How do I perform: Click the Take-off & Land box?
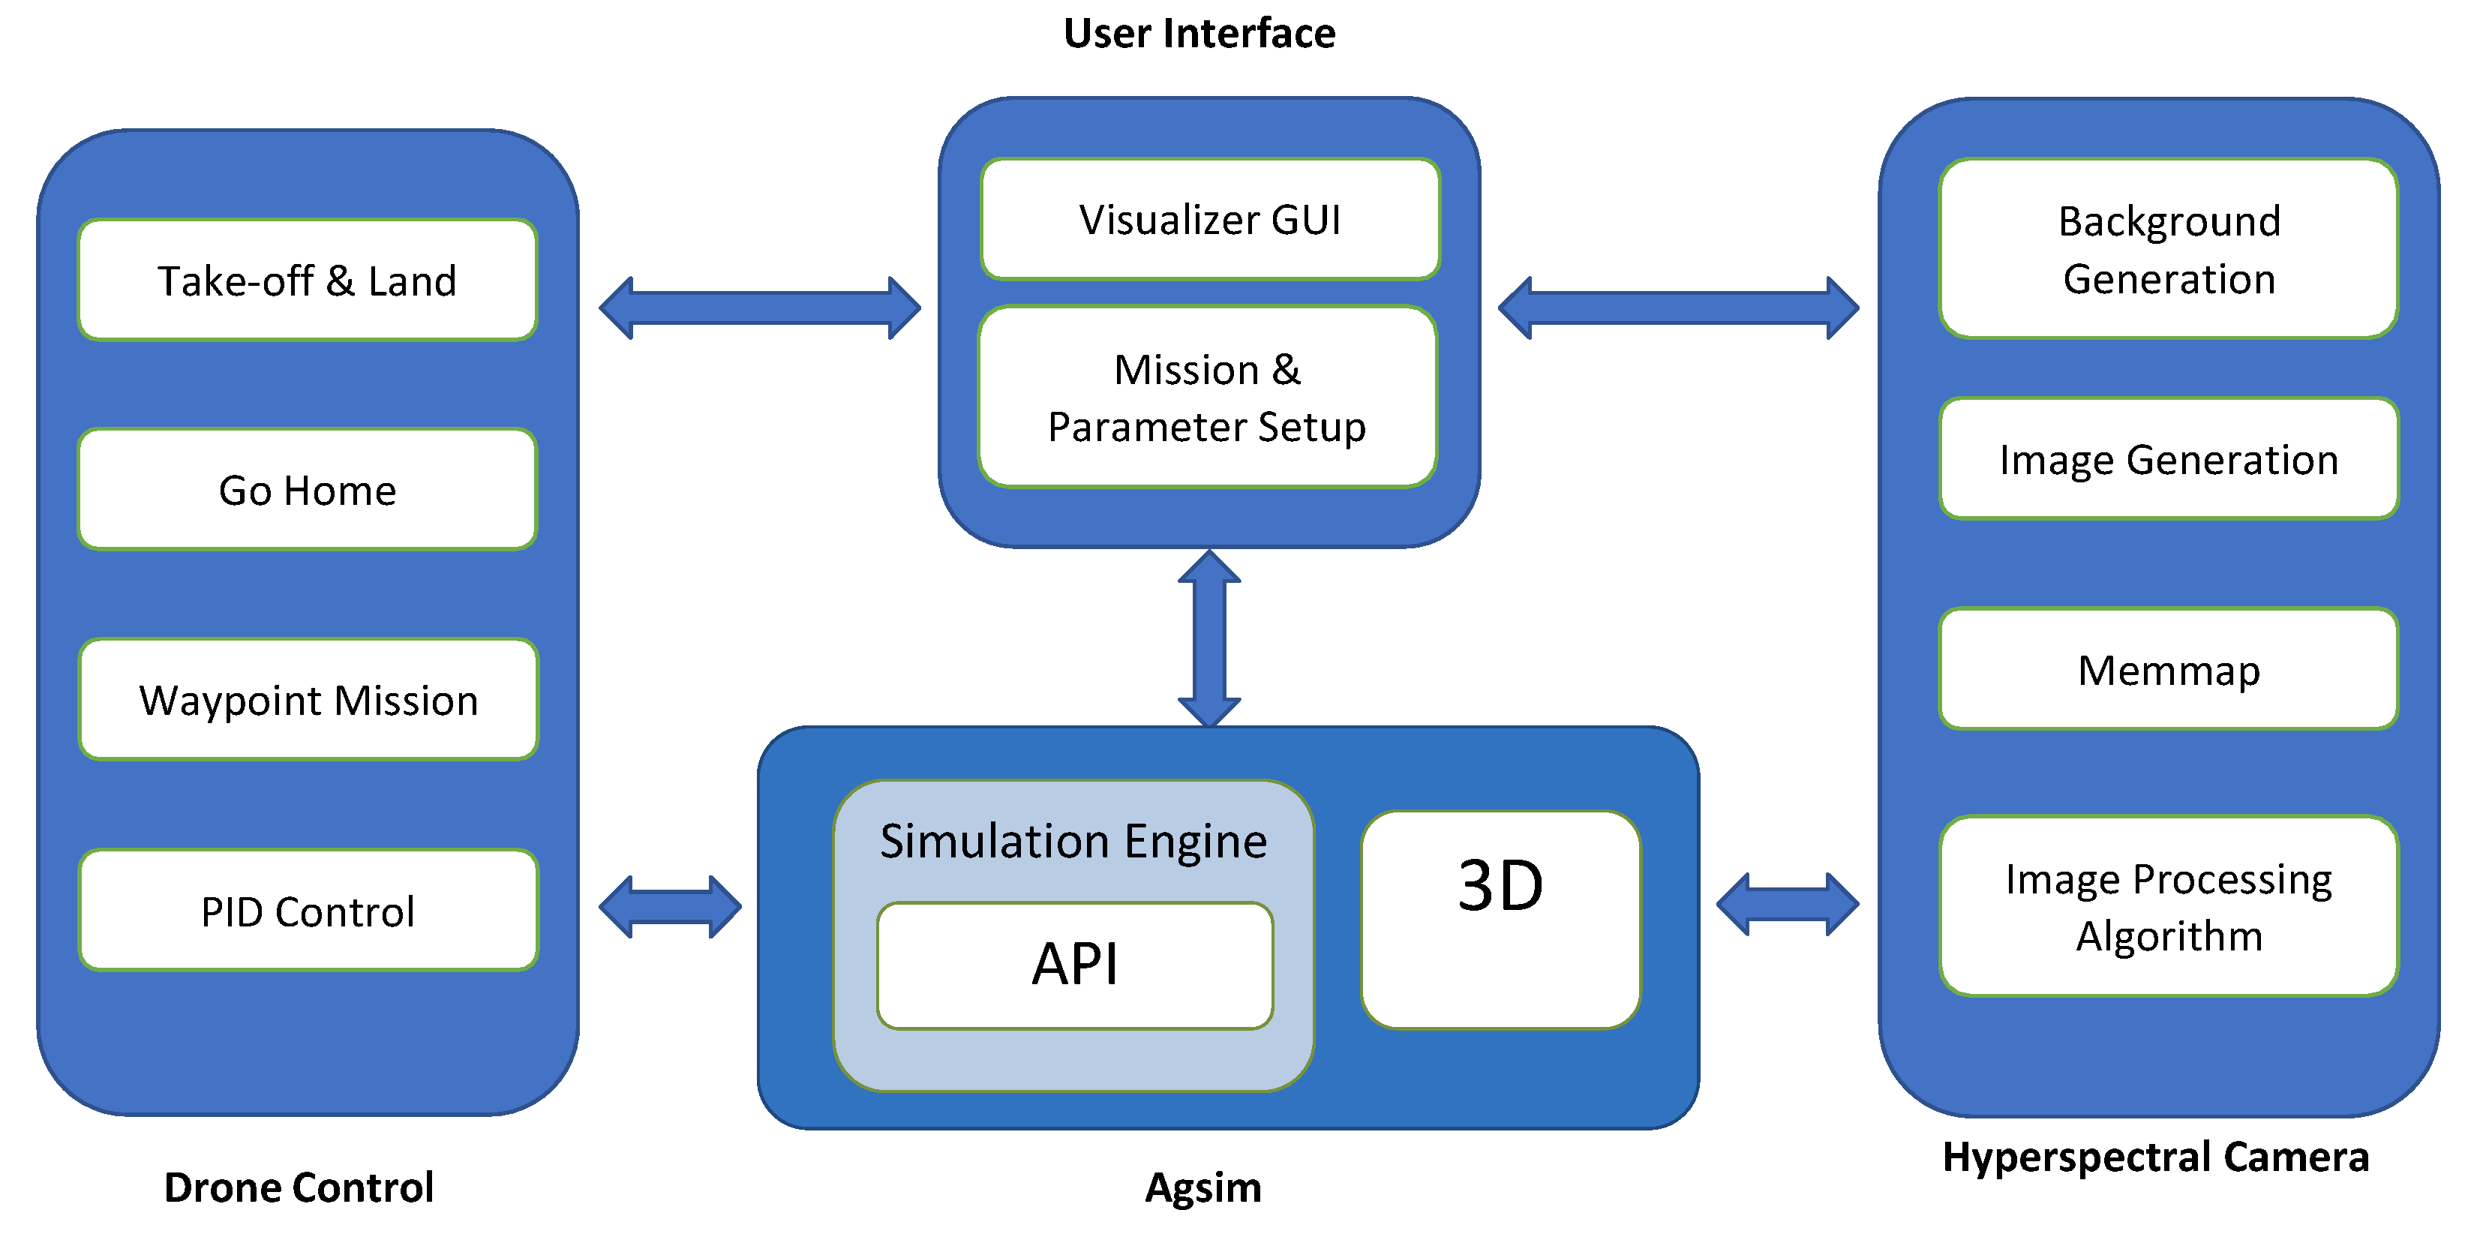click(x=308, y=281)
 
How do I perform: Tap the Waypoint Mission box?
click(x=308, y=700)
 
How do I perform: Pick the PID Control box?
click(x=308, y=910)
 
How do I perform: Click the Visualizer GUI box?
click(x=1210, y=220)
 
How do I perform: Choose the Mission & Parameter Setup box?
click(x=1208, y=397)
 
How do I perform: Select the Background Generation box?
click(x=2169, y=250)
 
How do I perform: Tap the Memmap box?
click(x=2169, y=669)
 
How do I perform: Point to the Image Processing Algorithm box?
click(x=2169, y=906)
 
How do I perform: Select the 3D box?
click(x=1500, y=920)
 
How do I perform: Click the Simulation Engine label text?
click(x=1073, y=841)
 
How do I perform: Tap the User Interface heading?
click(x=1199, y=34)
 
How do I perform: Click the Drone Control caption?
click(x=299, y=1187)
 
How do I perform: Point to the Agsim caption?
click(x=1203, y=1188)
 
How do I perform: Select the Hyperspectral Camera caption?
click(x=2155, y=1157)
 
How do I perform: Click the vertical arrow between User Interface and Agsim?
click(x=1210, y=639)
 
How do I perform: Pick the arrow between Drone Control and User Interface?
click(x=760, y=308)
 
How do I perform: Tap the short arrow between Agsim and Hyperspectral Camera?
click(x=1788, y=905)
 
